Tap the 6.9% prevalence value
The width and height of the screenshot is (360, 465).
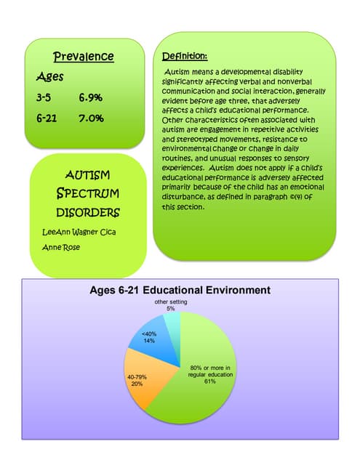coord(90,97)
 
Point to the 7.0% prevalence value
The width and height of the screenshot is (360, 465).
coord(90,117)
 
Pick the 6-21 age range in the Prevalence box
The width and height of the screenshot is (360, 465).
coord(47,117)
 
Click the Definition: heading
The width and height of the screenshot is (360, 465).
coord(185,56)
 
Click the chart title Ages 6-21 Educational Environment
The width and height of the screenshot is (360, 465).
coord(179,290)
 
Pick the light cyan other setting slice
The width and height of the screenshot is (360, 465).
coord(172,322)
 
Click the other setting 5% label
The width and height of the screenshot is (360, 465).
coord(170,305)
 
